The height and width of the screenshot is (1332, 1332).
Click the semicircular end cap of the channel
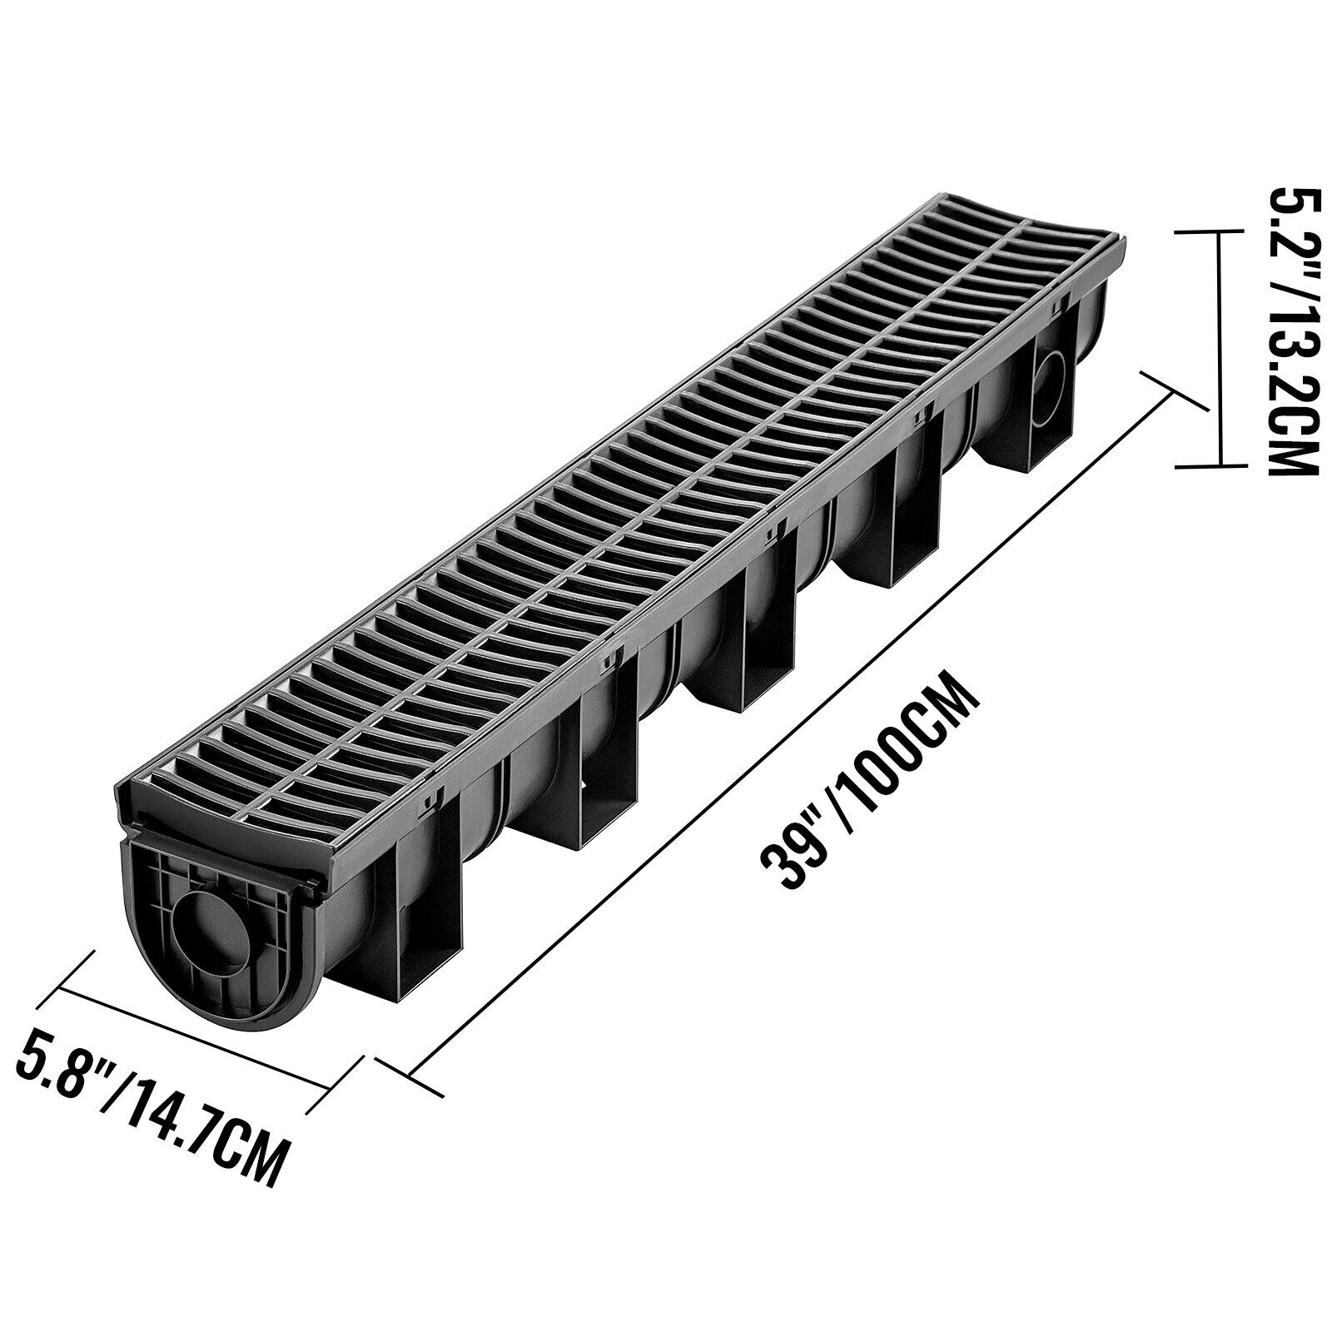208,941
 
